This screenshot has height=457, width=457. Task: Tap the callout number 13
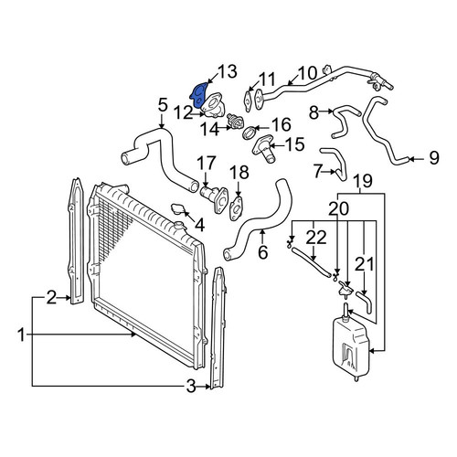click(x=226, y=72)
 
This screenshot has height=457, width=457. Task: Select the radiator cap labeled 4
click(x=177, y=209)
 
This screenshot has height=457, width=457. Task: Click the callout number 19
click(x=363, y=180)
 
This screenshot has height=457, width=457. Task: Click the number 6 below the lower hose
click(x=262, y=252)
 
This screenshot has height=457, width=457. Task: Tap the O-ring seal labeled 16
click(x=250, y=133)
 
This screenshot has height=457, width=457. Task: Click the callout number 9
click(x=434, y=158)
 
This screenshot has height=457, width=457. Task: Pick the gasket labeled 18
click(x=236, y=208)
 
